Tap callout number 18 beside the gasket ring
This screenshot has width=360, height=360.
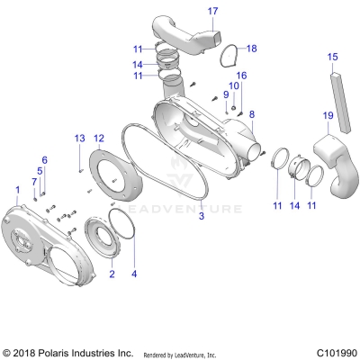251,48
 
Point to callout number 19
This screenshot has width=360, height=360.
328,116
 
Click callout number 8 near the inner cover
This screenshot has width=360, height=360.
251,114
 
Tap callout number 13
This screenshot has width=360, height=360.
79,137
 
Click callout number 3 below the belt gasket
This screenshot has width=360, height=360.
202,217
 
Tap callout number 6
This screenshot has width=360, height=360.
45,159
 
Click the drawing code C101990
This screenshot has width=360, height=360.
333,353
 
